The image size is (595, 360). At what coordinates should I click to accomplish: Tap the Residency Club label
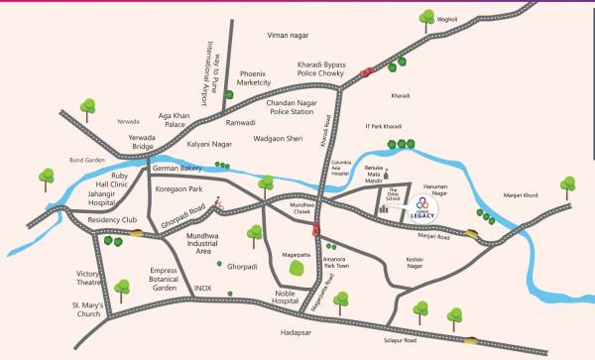pyautogui.click(x=112, y=219)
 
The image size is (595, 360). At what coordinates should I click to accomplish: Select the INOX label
pyautogui.click(x=202, y=289)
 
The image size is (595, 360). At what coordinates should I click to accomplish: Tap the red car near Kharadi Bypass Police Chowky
pyautogui.click(x=367, y=70)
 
